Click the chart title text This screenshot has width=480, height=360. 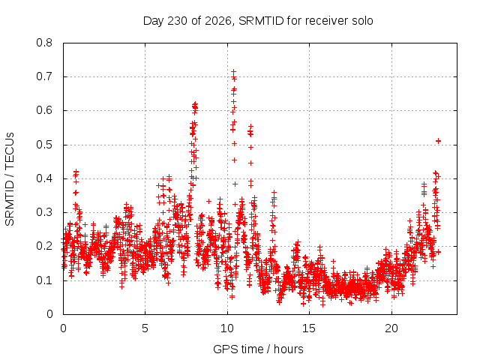tap(258, 21)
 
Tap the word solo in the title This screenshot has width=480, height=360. tap(362, 21)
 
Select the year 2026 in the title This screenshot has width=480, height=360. tap(218, 21)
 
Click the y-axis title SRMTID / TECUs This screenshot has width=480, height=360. tap(10, 179)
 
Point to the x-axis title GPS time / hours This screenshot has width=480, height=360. tap(258, 349)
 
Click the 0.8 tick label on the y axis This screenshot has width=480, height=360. tap(44, 43)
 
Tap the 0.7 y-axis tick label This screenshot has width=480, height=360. tap(44, 76)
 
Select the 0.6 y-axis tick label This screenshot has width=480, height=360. tap(44, 110)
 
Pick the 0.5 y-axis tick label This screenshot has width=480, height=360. tap(44, 145)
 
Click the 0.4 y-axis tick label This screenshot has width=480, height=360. tap(44, 178)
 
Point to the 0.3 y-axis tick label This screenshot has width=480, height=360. tap(44, 212)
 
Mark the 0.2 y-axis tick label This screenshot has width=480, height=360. tap(44, 246)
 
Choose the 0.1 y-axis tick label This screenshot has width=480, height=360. tap(44, 280)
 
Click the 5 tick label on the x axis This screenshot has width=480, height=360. tap(145, 328)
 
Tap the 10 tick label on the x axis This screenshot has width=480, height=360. tap(227, 328)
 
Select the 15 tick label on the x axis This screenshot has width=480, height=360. tap(309, 328)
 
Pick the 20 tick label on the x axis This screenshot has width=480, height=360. tap(391, 328)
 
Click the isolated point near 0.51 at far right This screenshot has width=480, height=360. tap(438, 141)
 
